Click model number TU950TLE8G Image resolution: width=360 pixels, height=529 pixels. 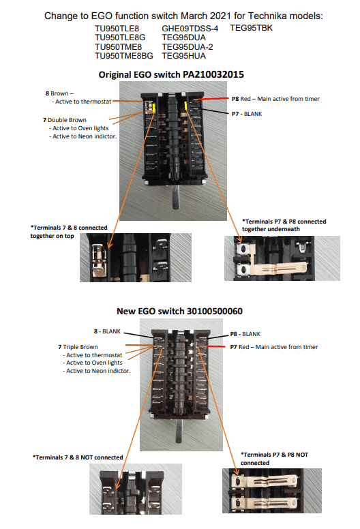[120, 37]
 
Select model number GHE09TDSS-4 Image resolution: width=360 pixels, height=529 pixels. [190, 29]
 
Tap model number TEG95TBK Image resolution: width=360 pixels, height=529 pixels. [252, 28]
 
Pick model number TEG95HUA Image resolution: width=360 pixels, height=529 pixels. [183, 56]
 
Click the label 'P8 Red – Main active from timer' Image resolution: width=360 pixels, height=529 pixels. [275, 99]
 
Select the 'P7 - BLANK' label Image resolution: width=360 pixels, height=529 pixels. [247, 114]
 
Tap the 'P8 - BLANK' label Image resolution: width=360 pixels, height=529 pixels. [245, 334]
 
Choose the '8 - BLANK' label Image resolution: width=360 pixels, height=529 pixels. [107, 331]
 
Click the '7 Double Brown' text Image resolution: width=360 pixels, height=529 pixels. [65, 120]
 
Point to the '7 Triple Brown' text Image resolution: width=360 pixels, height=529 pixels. [78, 347]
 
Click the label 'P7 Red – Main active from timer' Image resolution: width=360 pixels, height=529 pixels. [274, 347]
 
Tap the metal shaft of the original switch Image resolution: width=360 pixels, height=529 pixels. [175, 197]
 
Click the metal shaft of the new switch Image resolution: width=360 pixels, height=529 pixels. [179, 432]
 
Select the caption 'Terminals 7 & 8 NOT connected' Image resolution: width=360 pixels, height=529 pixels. [78, 457]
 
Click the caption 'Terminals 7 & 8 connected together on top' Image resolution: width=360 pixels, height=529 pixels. [69, 232]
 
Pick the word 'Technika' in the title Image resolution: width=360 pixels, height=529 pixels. [265, 16]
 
